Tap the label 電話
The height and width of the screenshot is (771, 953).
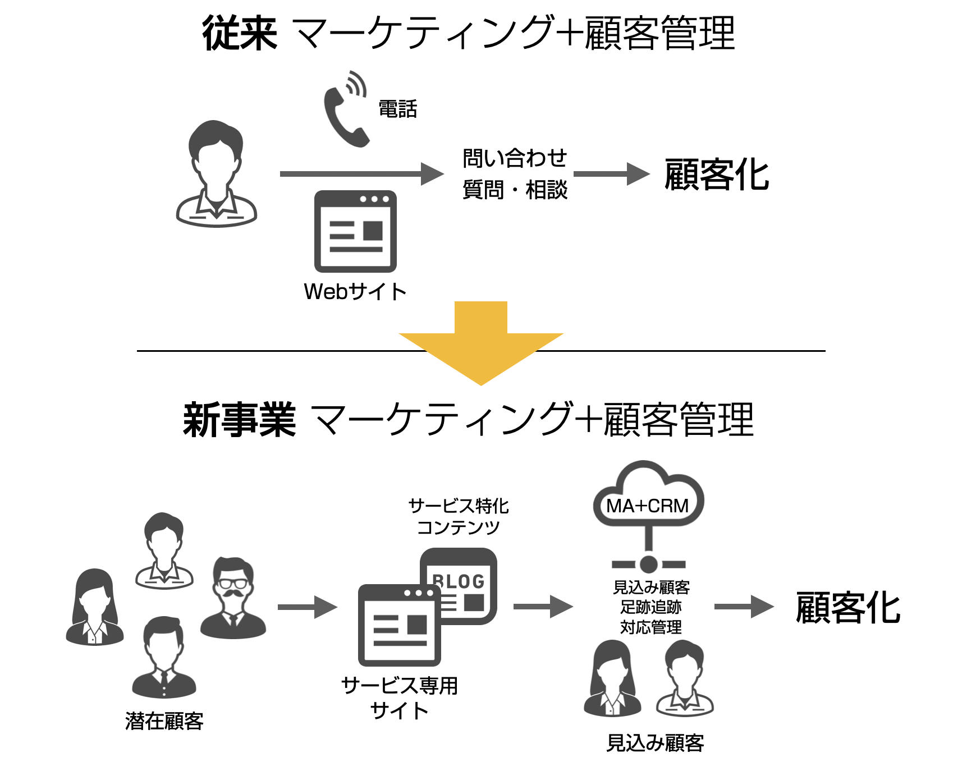(397, 109)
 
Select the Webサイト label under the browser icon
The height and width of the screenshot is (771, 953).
(355, 291)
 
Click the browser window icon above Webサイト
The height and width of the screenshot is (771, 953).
(355, 231)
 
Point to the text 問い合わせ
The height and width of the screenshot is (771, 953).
(514, 158)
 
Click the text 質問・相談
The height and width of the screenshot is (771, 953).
(514, 190)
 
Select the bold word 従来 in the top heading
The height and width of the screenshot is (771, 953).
(240, 34)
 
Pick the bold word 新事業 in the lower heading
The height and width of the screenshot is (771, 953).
(239, 420)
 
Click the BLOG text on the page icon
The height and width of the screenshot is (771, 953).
(459, 581)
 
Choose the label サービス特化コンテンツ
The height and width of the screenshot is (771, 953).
(458, 516)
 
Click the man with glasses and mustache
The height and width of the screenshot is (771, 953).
(233, 598)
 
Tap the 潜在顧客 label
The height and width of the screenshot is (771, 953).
(164, 721)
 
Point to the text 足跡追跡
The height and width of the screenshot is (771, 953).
(650, 607)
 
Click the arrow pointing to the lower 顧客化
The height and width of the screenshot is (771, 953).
(743, 607)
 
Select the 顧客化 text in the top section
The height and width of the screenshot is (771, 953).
(716, 175)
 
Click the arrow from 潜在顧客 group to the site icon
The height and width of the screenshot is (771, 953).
(307, 607)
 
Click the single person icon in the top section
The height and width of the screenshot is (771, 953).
(216, 173)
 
